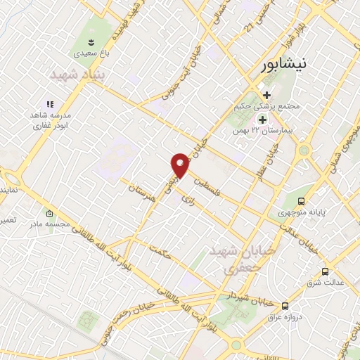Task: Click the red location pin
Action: point(181,165)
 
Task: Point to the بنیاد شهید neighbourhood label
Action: point(78,74)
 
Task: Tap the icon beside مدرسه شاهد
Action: point(50,104)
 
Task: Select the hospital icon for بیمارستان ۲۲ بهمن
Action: point(263,120)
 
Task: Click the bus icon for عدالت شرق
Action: point(324,271)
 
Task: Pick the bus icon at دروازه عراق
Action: point(285,306)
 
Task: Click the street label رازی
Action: point(187,200)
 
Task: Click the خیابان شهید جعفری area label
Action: point(232,260)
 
